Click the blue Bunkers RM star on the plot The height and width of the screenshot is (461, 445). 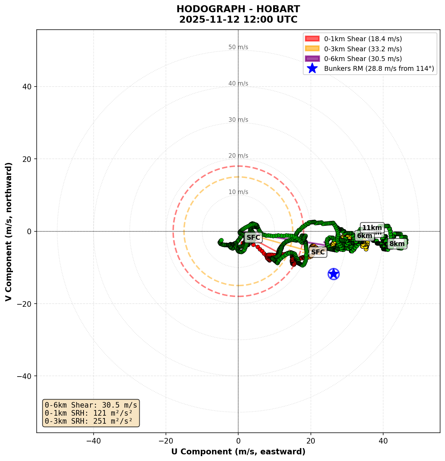coord(334,274)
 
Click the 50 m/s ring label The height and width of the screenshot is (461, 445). coord(238,47)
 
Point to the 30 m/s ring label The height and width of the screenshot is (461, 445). coord(238,120)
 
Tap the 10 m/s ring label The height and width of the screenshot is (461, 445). coord(238,192)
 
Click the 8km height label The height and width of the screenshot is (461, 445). coord(397,244)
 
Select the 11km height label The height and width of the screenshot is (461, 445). coord(372,228)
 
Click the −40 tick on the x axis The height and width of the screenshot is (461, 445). coord(93,441)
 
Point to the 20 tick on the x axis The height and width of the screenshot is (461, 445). coord(311,441)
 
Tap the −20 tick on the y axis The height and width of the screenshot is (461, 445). coord(24,304)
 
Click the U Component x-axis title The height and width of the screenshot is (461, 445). coord(238,452)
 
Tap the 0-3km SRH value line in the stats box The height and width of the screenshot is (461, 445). coord(89,421)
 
